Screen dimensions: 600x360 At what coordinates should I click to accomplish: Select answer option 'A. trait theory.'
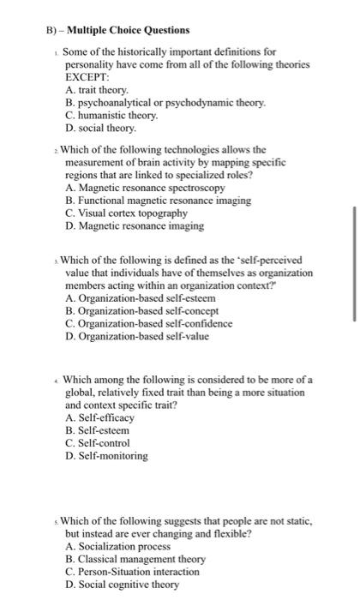tap(96, 90)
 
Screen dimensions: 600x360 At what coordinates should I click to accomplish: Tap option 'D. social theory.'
tap(100, 129)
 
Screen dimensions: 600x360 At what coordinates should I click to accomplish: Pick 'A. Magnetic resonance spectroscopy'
tap(145, 188)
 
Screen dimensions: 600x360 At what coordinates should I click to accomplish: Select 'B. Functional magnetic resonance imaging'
tap(158, 201)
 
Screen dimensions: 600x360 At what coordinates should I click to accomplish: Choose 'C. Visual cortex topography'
tap(126, 213)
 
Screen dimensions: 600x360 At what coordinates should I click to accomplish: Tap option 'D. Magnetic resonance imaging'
tap(134, 226)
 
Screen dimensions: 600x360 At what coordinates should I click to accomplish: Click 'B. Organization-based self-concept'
tap(141, 310)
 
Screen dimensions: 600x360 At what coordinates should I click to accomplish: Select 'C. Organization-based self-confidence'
tap(148, 323)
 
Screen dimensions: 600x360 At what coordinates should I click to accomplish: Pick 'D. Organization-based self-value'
tap(136, 336)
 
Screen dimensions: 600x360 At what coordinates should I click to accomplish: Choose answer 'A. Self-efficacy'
tap(99, 417)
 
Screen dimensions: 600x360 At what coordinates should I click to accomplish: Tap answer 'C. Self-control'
tap(97, 443)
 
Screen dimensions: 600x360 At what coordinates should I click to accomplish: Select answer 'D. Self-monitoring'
tap(106, 456)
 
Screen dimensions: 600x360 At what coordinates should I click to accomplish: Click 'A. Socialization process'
tap(117, 546)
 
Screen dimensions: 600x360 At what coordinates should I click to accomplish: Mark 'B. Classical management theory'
tap(135, 559)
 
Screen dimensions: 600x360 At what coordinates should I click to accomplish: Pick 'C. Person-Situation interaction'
tap(135, 572)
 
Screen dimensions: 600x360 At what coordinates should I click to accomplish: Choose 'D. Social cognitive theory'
tap(122, 585)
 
